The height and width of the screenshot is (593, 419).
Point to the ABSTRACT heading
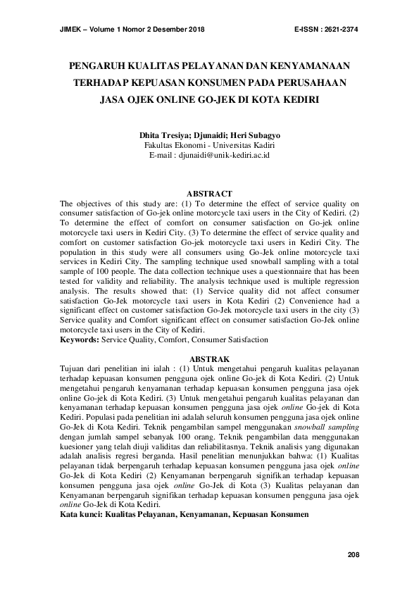click(209, 194)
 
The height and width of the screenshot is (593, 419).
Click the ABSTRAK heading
click(209, 358)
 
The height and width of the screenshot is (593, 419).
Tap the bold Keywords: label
click(80, 339)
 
